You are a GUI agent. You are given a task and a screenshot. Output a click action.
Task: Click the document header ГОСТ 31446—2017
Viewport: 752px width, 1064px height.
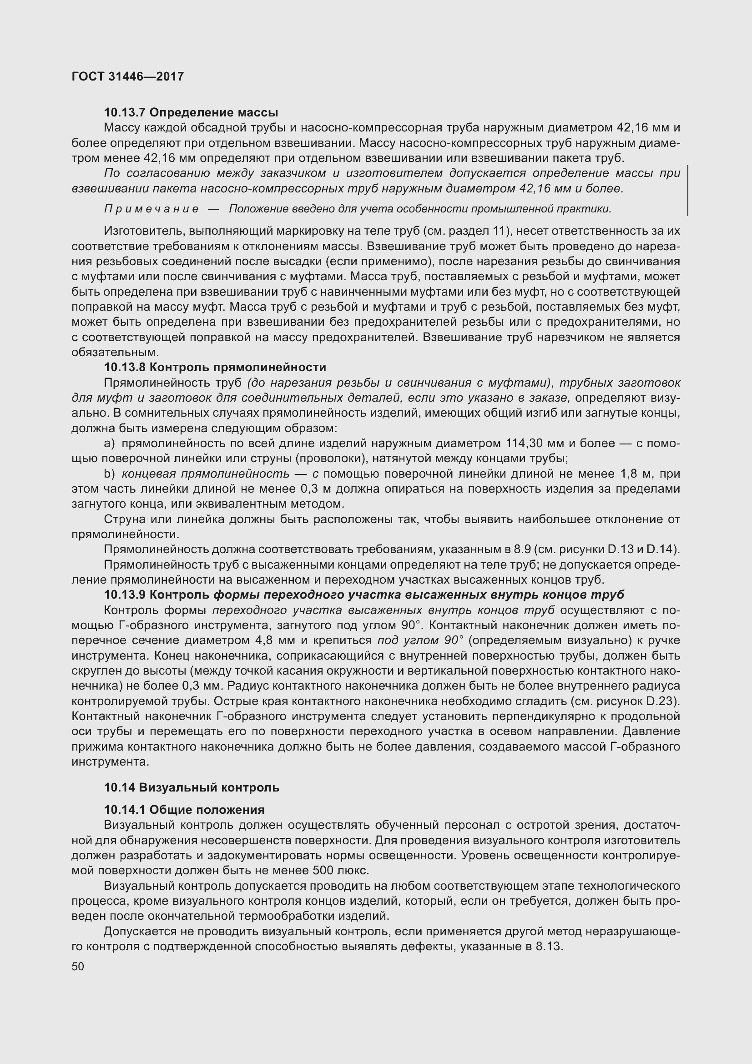[x=128, y=76]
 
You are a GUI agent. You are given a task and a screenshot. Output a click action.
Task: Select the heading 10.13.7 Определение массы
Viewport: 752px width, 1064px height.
[x=191, y=113]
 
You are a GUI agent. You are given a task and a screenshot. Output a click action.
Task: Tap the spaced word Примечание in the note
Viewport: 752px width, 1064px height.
[x=151, y=209]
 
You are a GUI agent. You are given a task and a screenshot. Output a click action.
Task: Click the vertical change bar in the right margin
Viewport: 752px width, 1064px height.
[x=687, y=191]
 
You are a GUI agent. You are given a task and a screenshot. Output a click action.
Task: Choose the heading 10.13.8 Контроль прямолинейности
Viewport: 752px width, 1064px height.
[x=215, y=368]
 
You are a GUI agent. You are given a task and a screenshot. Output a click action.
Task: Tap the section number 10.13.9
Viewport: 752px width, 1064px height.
[x=125, y=595]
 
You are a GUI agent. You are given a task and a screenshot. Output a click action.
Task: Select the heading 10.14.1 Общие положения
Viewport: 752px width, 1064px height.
[x=184, y=810]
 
